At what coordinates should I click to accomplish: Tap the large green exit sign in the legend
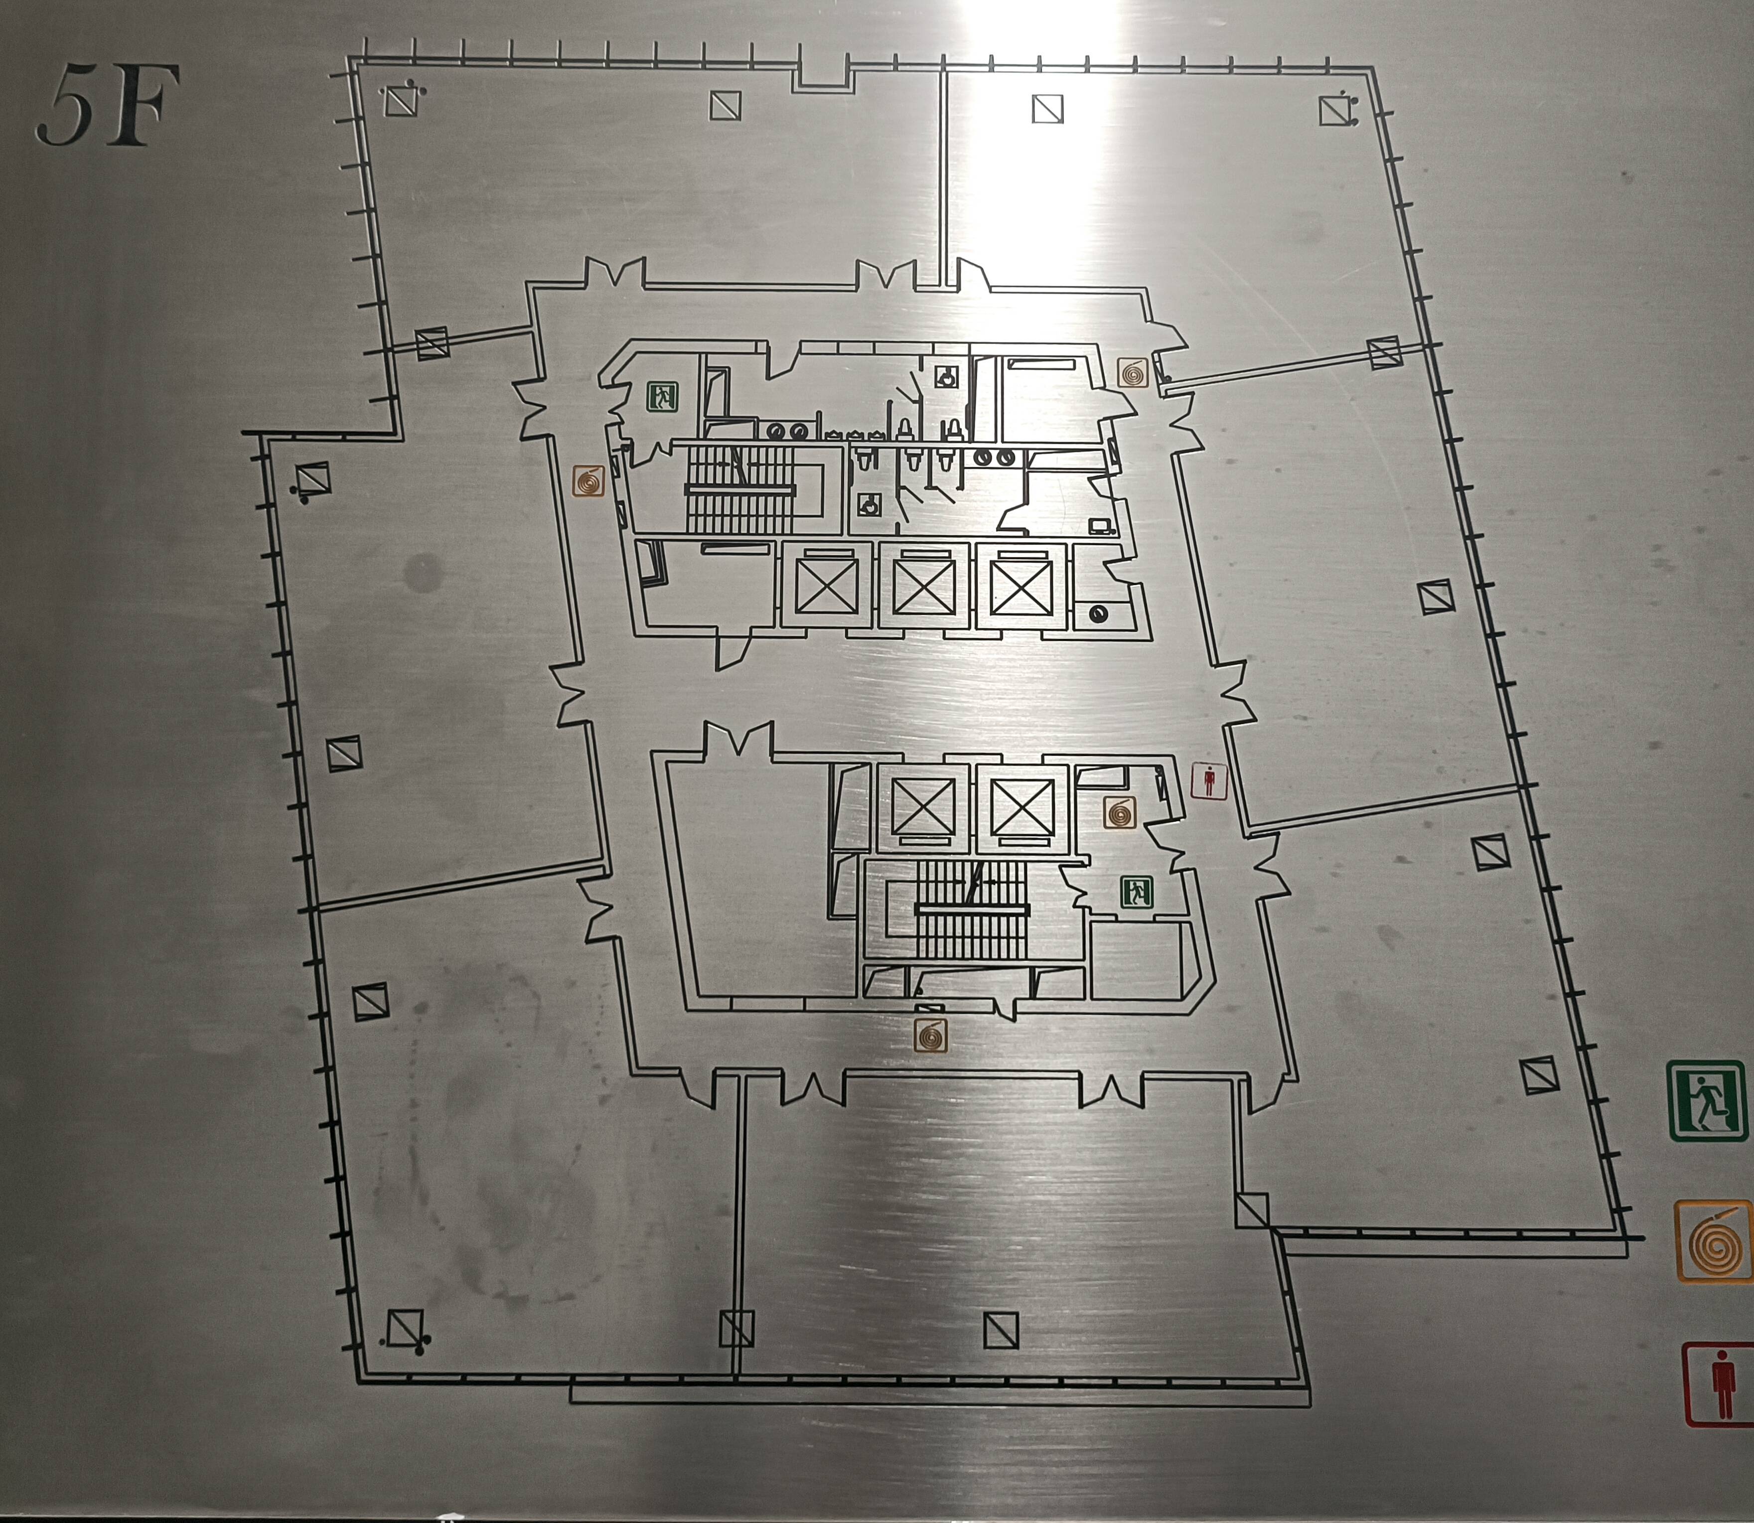click(1707, 1100)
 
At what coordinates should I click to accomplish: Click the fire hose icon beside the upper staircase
click(588, 481)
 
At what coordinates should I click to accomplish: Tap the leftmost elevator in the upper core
click(824, 586)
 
